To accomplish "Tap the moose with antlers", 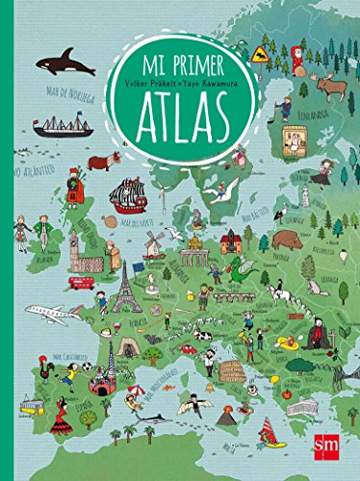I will coord(332,89).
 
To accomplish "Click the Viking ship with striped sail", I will coord(127,195).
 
